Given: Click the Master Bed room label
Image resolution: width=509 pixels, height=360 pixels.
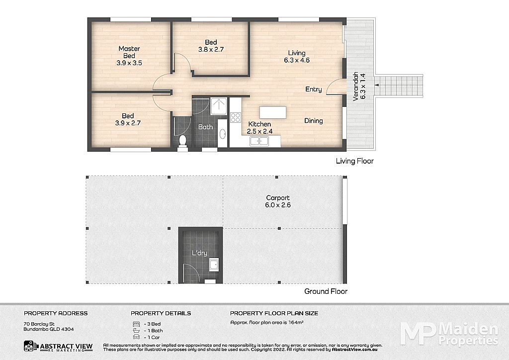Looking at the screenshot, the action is (x=129, y=52).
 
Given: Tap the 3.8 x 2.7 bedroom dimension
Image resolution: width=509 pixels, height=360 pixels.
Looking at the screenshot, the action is (x=211, y=49).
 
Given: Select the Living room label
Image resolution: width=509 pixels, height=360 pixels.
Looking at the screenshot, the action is (x=297, y=53).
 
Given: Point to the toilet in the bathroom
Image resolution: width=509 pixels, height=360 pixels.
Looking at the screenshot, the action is (x=183, y=141).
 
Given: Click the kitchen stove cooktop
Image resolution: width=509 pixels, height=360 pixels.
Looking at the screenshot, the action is (x=235, y=117).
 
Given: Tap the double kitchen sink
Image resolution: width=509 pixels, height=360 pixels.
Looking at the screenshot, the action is (x=259, y=141).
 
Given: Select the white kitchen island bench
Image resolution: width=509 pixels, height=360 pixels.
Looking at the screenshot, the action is (x=273, y=113).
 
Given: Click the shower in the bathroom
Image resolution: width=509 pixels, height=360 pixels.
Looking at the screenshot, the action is (x=219, y=106).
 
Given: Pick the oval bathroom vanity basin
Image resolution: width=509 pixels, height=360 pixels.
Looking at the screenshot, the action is (x=223, y=133).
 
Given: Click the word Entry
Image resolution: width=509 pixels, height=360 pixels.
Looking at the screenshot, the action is (x=314, y=90).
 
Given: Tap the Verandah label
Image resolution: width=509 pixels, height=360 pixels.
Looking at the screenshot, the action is (x=356, y=87).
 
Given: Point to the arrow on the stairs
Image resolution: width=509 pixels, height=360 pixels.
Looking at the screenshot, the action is (x=377, y=85).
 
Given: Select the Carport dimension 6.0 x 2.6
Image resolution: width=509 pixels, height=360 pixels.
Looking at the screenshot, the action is (x=278, y=205).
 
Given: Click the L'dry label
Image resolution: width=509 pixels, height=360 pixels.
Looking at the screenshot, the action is (x=199, y=253).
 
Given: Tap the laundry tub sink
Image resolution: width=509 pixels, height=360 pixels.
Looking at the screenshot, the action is (x=214, y=265).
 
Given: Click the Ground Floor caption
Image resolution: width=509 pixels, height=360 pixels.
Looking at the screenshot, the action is (x=326, y=291).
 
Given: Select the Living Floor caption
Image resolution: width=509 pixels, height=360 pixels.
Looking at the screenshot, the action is (x=355, y=161).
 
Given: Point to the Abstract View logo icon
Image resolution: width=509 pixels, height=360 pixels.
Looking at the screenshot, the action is (x=31, y=346).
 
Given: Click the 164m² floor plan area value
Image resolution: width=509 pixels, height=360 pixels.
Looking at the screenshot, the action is (x=296, y=323).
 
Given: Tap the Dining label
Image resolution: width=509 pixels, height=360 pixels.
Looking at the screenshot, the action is (x=314, y=121).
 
